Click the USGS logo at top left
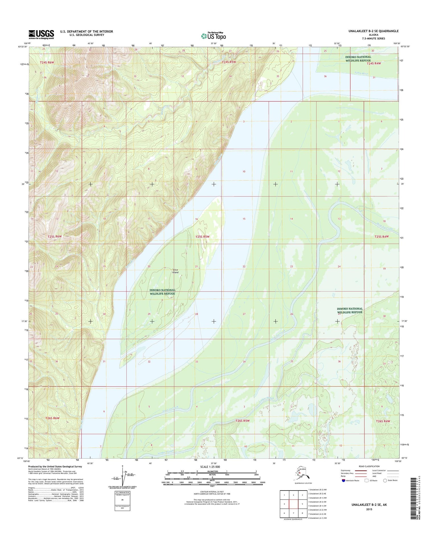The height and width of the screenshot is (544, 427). (x=41, y=34)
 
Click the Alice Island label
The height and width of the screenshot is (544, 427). (x=175, y=271)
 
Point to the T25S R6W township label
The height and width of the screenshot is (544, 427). (x=55, y=236)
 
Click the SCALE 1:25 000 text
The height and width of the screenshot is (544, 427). (x=210, y=467)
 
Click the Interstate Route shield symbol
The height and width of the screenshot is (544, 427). (x=344, y=481)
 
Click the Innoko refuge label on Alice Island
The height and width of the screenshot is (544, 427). (x=162, y=292)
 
